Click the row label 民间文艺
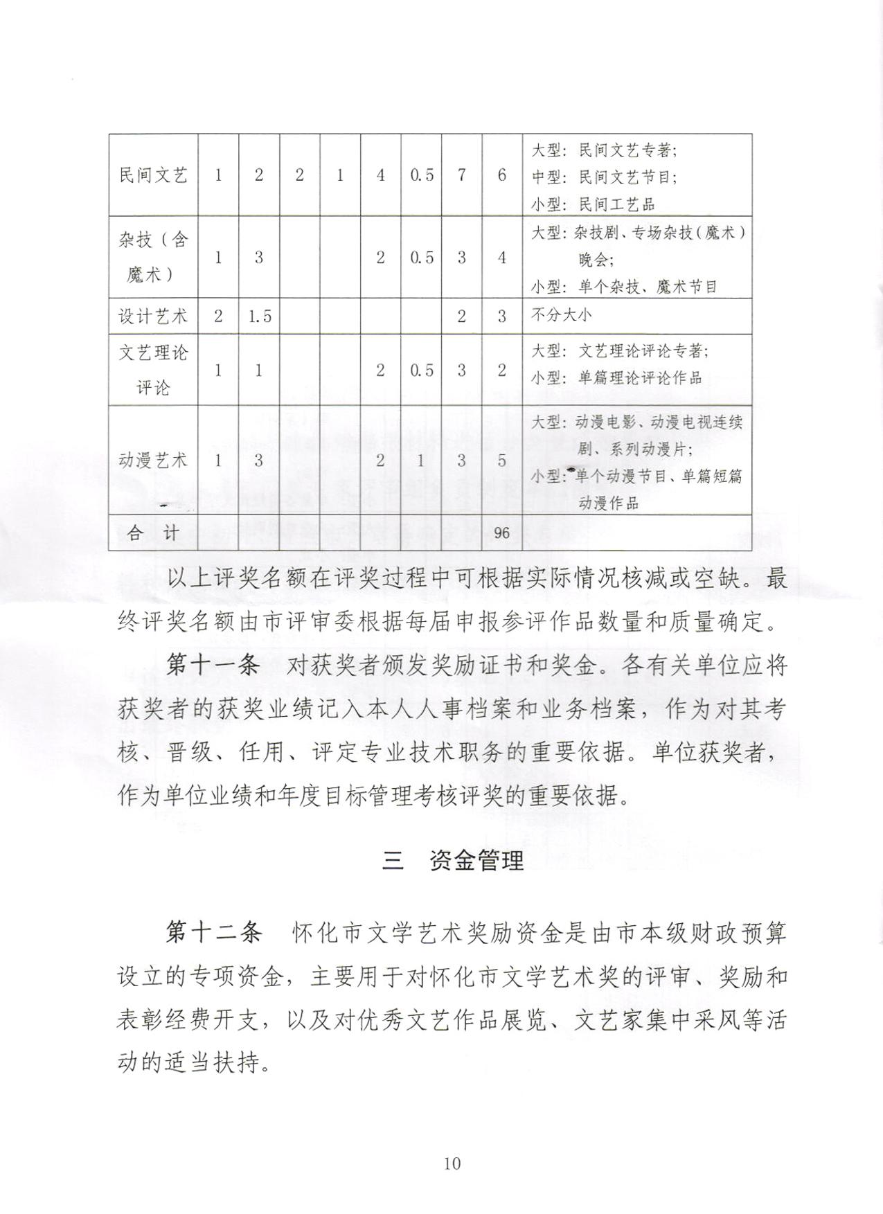[153, 175]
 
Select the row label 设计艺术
[153, 316]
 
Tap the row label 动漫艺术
[153, 461]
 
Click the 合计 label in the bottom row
[153, 533]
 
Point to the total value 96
[501, 533]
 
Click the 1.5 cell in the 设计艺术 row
[259, 316]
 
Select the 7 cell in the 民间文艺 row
[461, 175]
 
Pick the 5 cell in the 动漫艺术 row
[501, 461]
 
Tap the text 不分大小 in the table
[562, 315]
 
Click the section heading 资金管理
[476, 861]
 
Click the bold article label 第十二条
[213, 933]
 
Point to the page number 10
[452, 1163]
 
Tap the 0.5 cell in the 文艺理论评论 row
[421, 371]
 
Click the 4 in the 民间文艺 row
[380, 175]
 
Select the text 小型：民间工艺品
[593, 204]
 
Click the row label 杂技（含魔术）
[153, 257]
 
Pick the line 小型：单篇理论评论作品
[616, 378]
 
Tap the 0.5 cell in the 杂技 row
[421, 258]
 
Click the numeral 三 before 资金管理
[393, 861]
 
